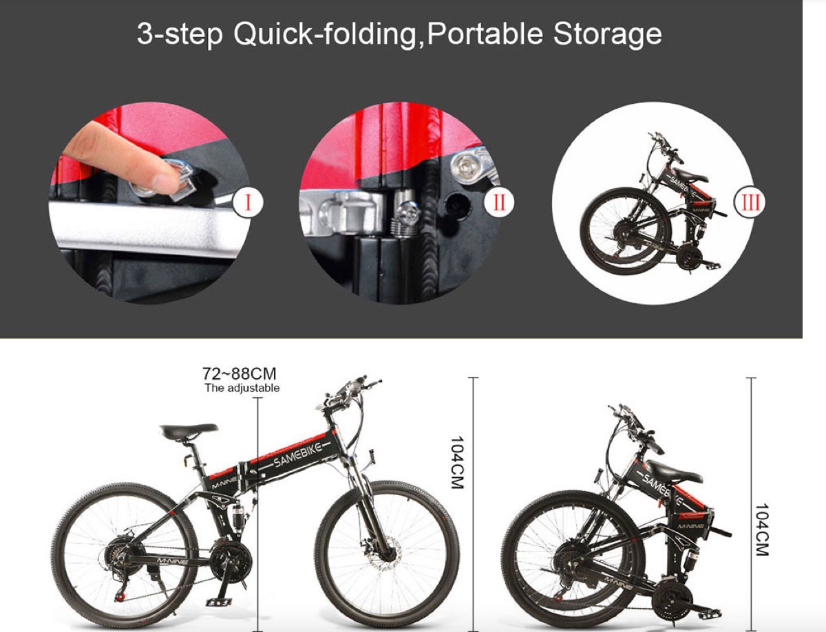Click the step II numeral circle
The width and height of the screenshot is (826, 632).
(499, 201)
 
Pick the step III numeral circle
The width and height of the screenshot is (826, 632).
(749, 201)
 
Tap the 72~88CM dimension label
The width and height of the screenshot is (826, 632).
(240, 374)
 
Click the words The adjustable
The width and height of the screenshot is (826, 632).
(242, 388)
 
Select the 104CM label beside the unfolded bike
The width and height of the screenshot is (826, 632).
(455, 462)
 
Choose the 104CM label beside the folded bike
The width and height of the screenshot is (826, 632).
(761, 530)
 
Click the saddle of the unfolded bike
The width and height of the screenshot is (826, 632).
(188, 431)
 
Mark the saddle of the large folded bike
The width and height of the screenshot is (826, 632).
(673, 472)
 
